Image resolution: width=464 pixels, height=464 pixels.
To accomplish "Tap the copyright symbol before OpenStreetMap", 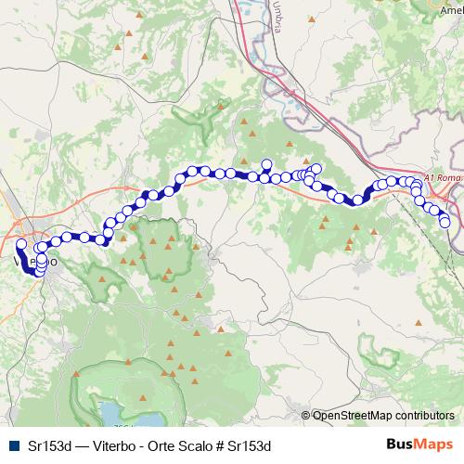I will pyautogui.click(x=305, y=416).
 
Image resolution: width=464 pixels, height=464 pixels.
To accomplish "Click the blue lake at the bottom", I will pyautogui.click(x=110, y=412).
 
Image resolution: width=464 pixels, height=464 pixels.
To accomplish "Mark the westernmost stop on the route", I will pyautogui.click(x=21, y=244).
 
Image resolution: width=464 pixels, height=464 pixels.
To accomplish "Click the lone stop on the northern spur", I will pyautogui.click(x=266, y=164).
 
